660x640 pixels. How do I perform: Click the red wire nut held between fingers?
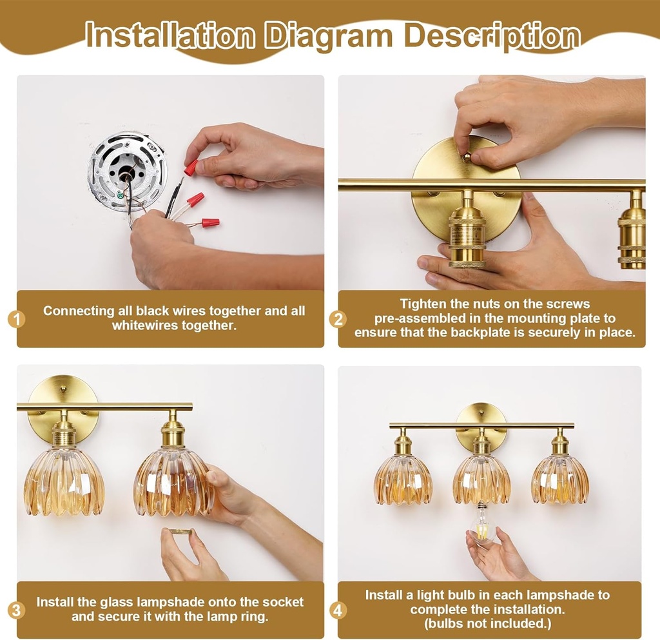coord(190,168)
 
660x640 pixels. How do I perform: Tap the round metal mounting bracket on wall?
coord(127,171)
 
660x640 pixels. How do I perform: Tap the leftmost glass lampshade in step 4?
coord(403,478)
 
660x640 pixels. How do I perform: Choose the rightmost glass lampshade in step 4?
coord(559,478)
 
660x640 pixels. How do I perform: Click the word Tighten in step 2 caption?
coord(422,304)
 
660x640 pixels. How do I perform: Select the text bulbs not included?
coord(488,623)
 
